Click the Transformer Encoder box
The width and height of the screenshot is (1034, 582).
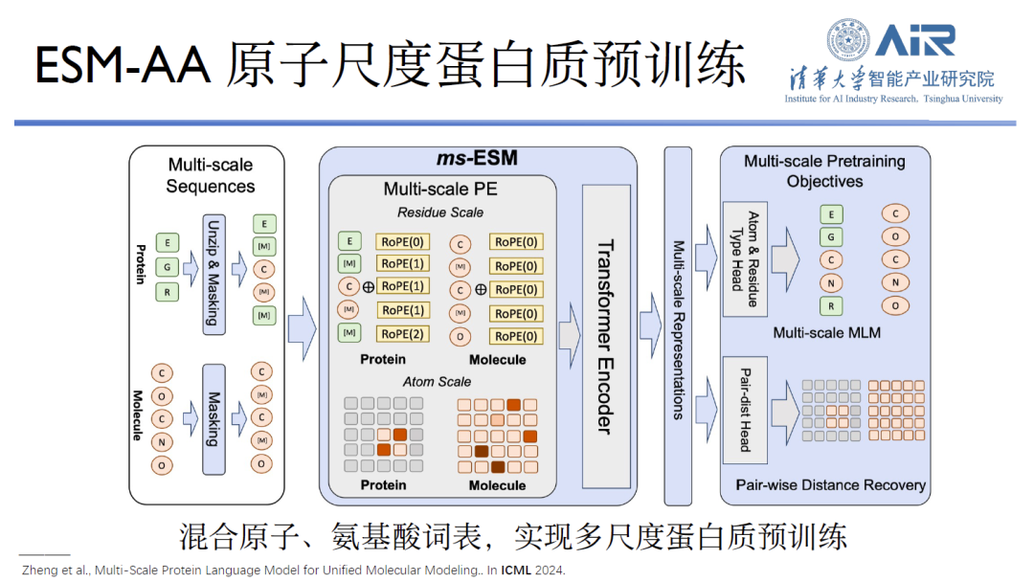tap(605, 335)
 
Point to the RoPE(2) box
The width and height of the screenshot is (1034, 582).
tap(403, 333)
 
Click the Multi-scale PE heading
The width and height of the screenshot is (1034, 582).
tap(440, 189)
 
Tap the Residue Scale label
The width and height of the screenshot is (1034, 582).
tap(440, 212)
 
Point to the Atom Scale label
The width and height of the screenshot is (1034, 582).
tap(437, 381)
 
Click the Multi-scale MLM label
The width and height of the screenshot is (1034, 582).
tap(826, 333)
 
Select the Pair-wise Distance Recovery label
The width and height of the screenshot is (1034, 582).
tap(830, 484)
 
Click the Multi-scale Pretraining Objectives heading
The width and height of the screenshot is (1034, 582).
tap(824, 171)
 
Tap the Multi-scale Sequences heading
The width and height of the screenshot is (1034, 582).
tap(211, 175)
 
